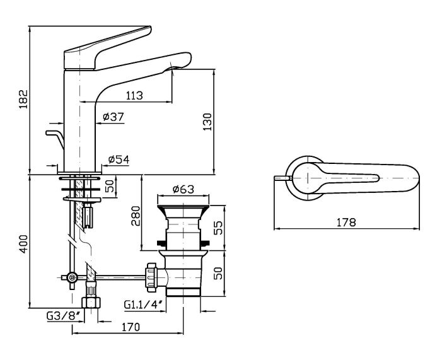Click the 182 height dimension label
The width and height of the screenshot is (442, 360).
[x=23, y=99]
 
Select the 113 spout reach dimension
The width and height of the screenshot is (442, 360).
[x=134, y=96]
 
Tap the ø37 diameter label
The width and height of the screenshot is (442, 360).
[x=113, y=117]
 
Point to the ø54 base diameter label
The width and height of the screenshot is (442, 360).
[x=119, y=160]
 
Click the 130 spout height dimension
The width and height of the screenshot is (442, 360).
[x=207, y=122]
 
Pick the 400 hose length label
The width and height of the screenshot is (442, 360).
[x=24, y=244]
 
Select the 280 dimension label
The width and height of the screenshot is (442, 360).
[x=136, y=216]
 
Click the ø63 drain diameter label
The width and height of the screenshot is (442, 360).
[x=183, y=189]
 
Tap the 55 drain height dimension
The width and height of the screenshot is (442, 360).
[x=218, y=228]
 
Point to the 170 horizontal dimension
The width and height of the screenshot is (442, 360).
[x=131, y=327]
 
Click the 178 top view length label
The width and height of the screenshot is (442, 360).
[x=346, y=223]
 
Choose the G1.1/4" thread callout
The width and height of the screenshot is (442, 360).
[x=144, y=305]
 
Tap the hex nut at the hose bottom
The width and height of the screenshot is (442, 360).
[x=91, y=303]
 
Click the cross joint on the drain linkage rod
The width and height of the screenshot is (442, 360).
[x=73, y=277]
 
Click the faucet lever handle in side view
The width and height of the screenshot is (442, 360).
[x=108, y=48]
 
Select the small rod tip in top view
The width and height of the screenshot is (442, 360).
[x=283, y=178]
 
